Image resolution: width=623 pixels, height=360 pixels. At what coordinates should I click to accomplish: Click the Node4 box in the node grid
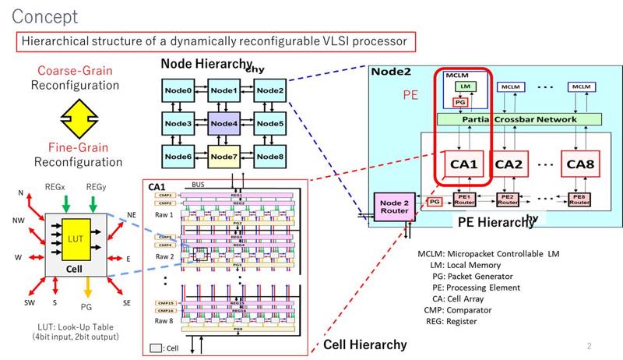(x=223, y=122)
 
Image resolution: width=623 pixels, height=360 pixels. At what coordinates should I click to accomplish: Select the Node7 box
(x=223, y=154)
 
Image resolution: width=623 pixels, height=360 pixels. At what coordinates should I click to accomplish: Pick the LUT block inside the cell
(x=75, y=238)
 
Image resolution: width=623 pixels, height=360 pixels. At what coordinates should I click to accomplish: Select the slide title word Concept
(x=45, y=16)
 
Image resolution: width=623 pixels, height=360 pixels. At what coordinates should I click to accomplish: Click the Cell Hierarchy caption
(x=364, y=345)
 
